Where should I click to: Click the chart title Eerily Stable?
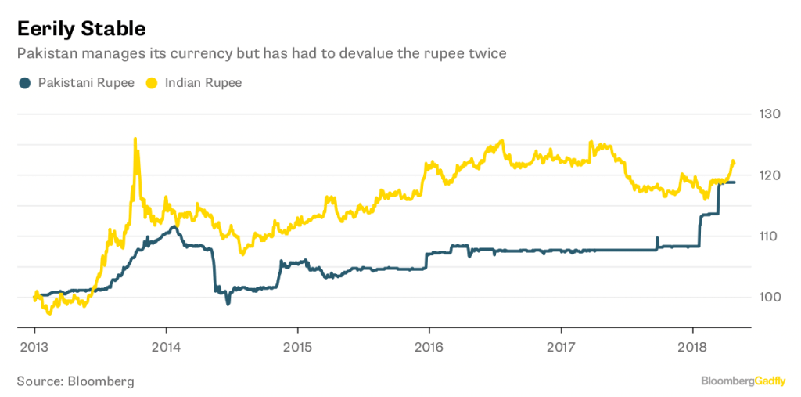[x=81, y=29]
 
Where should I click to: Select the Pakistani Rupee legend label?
[x=86, y=82]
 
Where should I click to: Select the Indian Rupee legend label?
[x=203, y=82]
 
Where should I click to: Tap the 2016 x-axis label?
[x=429, y=346]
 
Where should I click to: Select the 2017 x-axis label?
[x=561, y=346]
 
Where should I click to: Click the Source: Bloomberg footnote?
[x=75, y=381]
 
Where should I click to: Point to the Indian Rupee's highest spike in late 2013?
[x=135, y=139]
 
